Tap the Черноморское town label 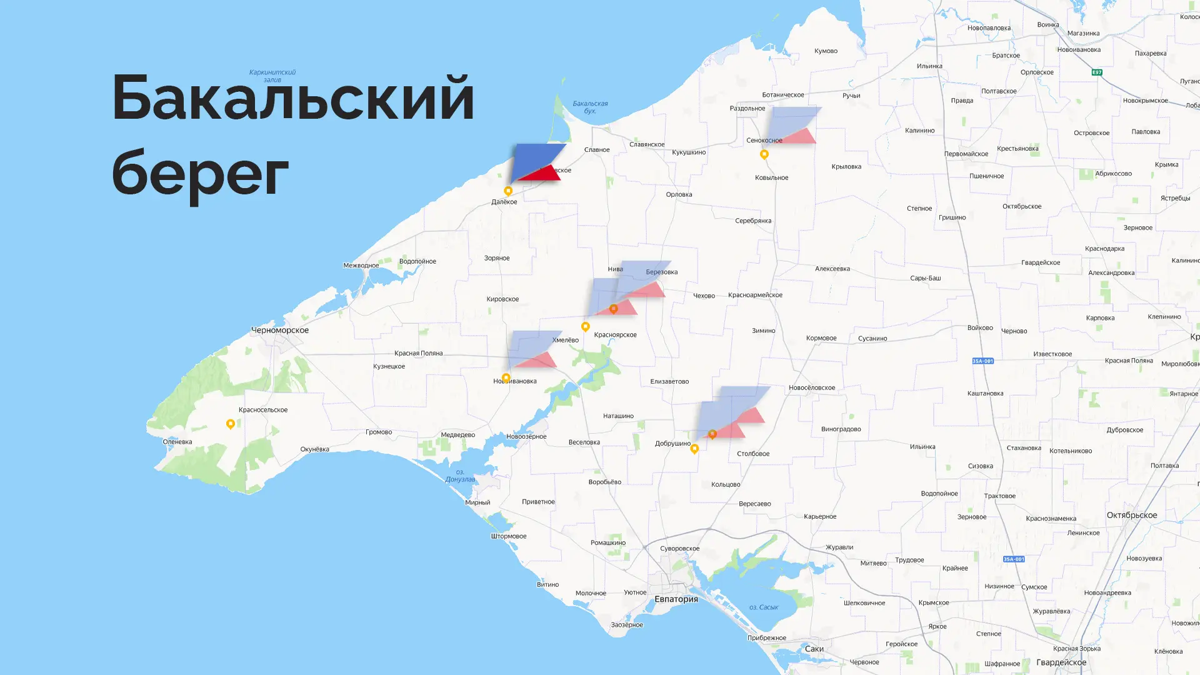click(279, 330)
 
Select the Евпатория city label click(676, 599)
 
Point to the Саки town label click(814, 649)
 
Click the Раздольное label click(747, 108)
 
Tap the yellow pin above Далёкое click(508, 191)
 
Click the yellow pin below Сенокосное click(764, 154)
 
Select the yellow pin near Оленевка click(230, 424)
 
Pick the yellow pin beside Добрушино click(694, 449)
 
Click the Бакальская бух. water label click(590, 107)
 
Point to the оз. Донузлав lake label click(460, 476)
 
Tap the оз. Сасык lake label click(763, 607)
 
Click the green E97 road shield click(1096, 72)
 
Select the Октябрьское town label click(1131, 515)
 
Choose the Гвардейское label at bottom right click(1061, 662)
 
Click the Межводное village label click(361, 265)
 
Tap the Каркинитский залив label click(272, 76)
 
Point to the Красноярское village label click(615, 334)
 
